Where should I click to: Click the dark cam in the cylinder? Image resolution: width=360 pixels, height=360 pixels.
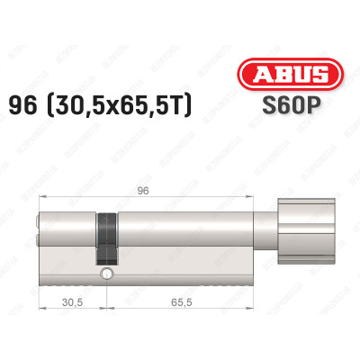(108, 236)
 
